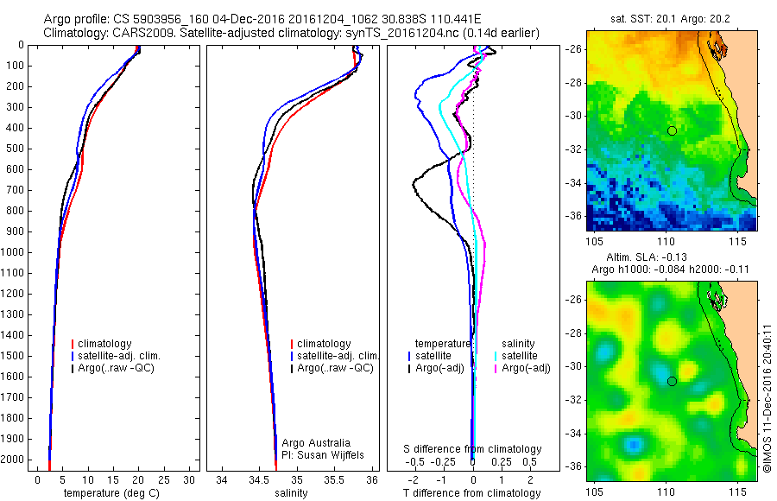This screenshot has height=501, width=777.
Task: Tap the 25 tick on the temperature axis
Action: coord(163,479)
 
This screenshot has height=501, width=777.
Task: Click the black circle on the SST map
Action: coord(672,130)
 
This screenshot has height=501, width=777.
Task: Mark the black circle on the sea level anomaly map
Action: coord(672,381)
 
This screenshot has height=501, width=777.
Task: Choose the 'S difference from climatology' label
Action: coord(473,449)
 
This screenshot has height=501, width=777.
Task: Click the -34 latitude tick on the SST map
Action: coord(574,182)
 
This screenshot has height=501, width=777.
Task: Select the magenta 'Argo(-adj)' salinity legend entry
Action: coord(526,368)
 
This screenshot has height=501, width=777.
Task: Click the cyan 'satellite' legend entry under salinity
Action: coord(522,356)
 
